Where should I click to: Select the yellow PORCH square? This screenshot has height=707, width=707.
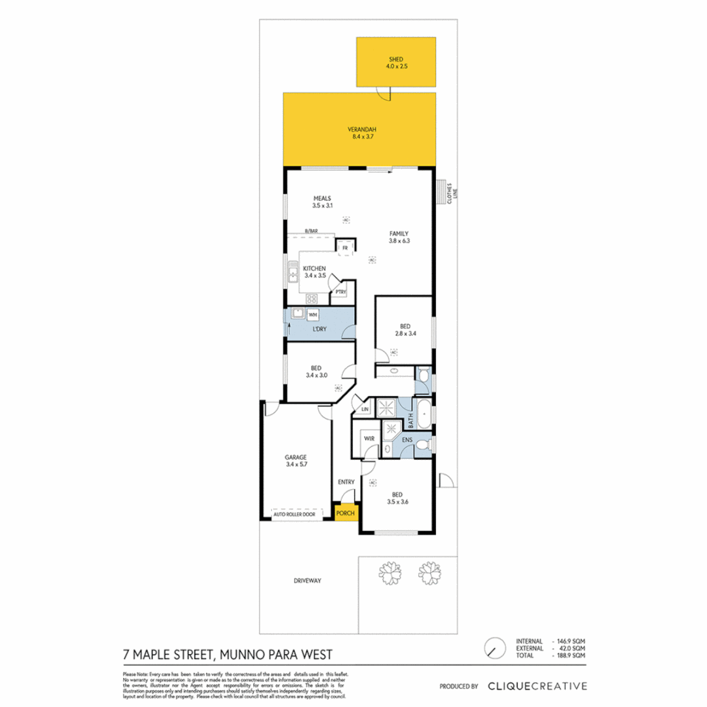[x=345, y=513]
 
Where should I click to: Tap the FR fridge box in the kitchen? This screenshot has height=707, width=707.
[x=346, y=248]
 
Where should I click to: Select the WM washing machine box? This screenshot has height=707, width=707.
[x=313, y=315]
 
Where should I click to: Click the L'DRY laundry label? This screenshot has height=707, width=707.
[x=319, y=329]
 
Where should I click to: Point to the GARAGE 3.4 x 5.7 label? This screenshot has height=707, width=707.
[x=296, y=462]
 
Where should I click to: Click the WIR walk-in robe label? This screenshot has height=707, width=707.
[x=359, y=439]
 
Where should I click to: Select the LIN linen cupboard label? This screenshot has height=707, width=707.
[x=364, y=410]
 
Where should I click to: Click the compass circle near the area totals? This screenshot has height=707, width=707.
[x=494, y=648]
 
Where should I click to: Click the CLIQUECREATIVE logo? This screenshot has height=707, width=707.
[x=537, y=686]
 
